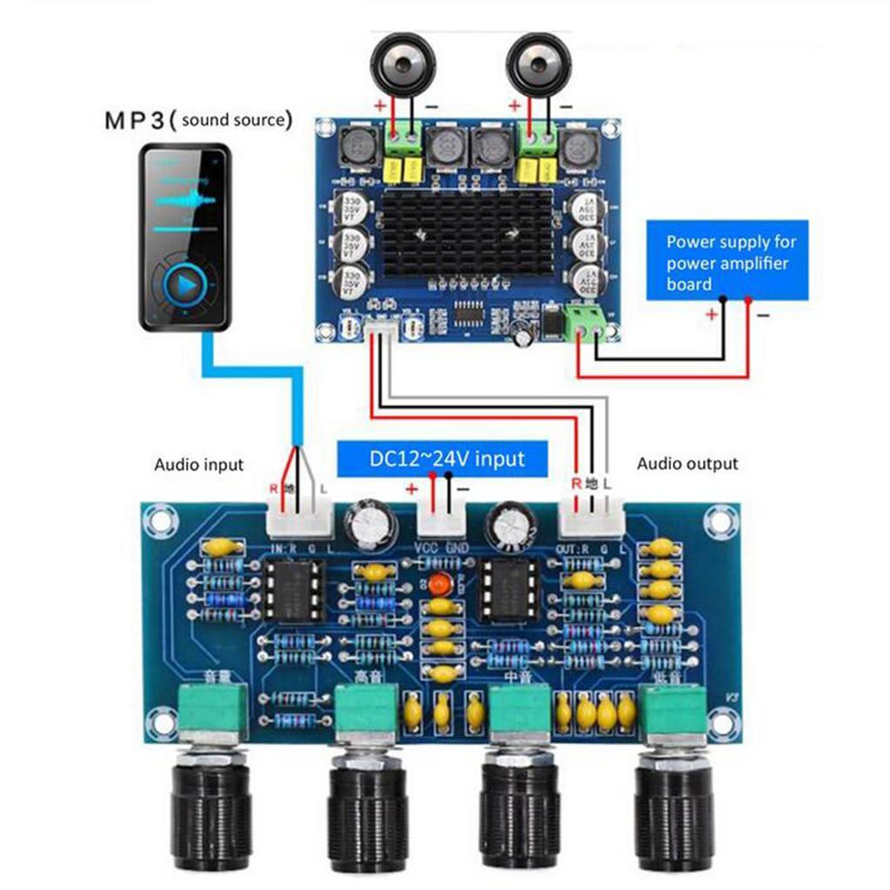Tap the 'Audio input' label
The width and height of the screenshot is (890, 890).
[199, 465]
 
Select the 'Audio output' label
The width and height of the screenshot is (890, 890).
[687, 464]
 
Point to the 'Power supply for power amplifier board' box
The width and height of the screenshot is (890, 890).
[727, 262]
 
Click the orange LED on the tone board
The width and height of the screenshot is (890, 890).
[440, 584]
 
